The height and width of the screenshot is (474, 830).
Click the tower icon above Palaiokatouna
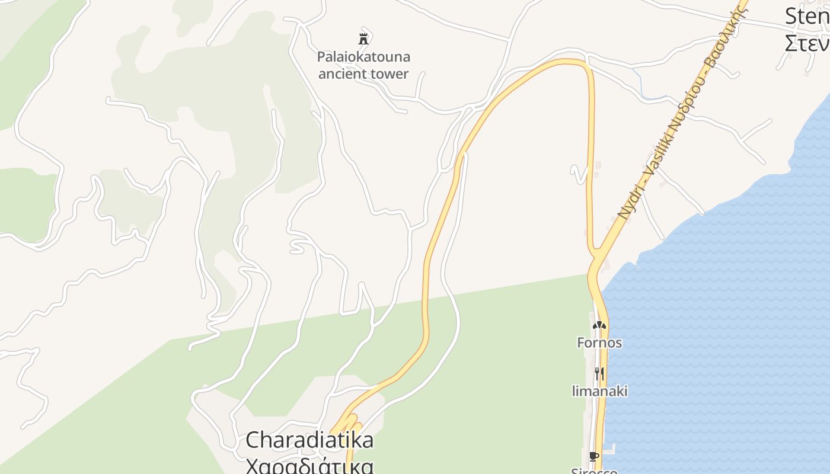pyautogui.click(x=363, y=39)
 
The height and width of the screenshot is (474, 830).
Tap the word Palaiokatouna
pyautogui.click(x=363, y=57)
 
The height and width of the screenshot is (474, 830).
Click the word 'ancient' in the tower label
pyautogui.click(x=340, y=74)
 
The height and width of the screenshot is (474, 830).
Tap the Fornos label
pyautogui.click(x=599, y=342)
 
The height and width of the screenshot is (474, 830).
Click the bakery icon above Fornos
pyautogui.click(x=599, y=325)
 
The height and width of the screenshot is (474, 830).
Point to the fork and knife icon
pyautogui.click(x=599, y=373)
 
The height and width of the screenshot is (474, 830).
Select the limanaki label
pyautogui.click(x=599, y=391)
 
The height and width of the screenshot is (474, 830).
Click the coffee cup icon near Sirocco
pyautogui.click(x=593, y=456)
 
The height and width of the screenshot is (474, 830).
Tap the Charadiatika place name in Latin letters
pyautogui.click(x=309, y=440)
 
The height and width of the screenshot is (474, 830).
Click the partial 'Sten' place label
pyautogui.click(x=807, y=17)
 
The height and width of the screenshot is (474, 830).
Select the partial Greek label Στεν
pyautogui.click(x=807, y=43)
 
